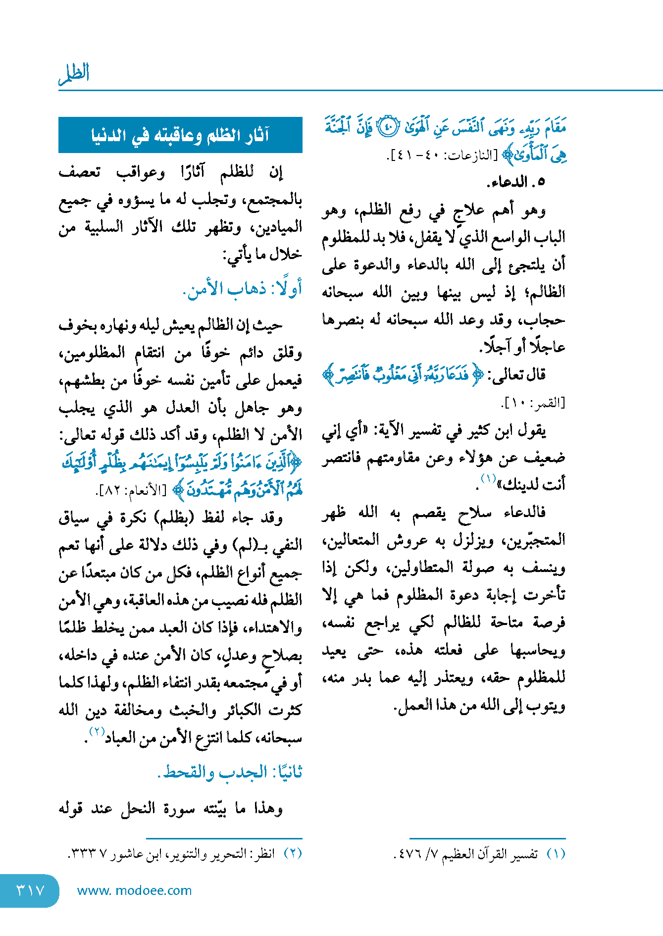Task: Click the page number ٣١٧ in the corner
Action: pyautogui.click(x=30, y=890)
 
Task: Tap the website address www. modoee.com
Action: pyautogui.click(x=134, y=890)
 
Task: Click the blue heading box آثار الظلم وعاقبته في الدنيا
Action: pyautogui.click(x=180, y=135)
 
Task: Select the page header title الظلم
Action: pyautogui.click(x=74, y=74)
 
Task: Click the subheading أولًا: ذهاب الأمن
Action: pyautogui.click(x=242, y=289)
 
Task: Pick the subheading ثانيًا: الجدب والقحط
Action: pyautogui.click(x=230, y=772)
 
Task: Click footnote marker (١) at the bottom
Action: pyautogui.click(x=556, y=854)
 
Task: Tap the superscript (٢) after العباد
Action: pyautogui.click(x=97, y=731)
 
